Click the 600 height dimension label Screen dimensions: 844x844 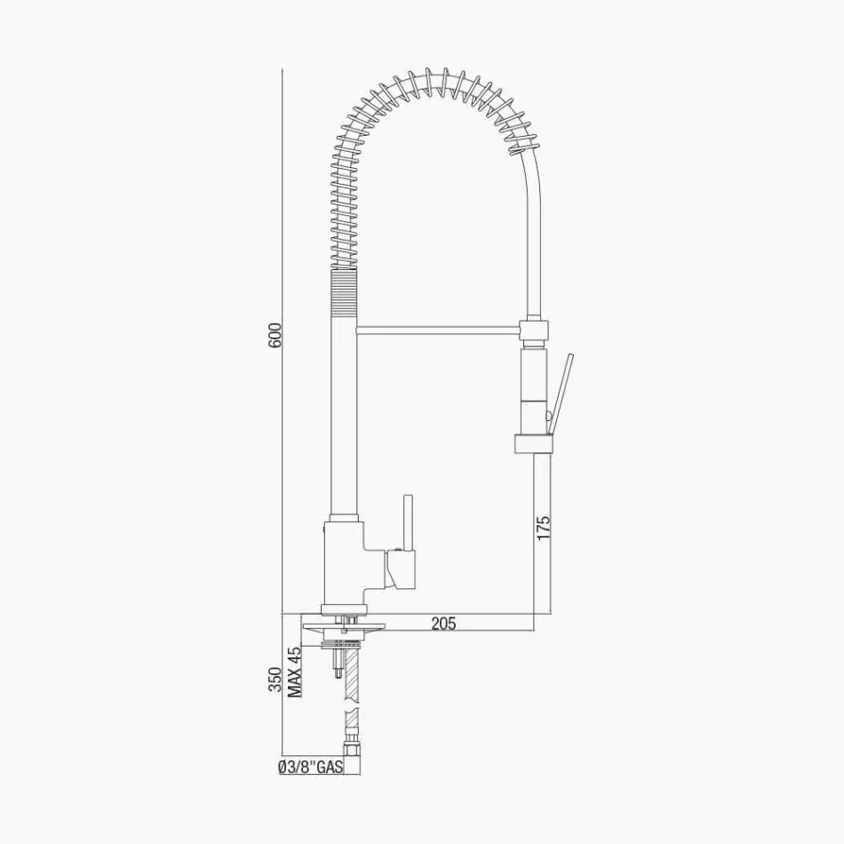point(275,335)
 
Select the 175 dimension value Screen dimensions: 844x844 point(544,527)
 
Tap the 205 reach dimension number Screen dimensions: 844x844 point(443,624)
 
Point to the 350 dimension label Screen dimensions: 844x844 point(275,680)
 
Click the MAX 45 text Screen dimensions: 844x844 point(296,671)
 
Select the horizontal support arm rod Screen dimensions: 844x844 point(440,330)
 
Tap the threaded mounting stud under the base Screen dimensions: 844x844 point(337,662)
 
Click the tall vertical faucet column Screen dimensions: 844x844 point(345,418)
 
